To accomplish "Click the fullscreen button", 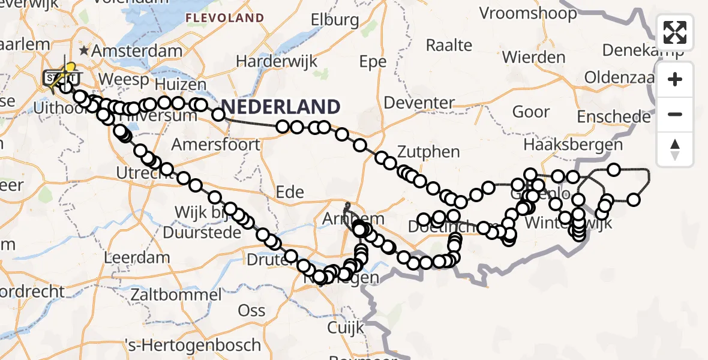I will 675,32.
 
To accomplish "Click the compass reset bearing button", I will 675,149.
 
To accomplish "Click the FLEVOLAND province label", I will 224,18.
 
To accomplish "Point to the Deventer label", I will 419,103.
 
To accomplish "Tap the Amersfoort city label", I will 216,145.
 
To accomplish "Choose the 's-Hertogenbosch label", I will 193,346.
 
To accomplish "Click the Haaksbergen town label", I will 573,145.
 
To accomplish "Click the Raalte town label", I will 449,45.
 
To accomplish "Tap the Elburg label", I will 335,20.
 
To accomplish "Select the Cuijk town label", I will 346,328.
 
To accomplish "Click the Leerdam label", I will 137,258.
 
